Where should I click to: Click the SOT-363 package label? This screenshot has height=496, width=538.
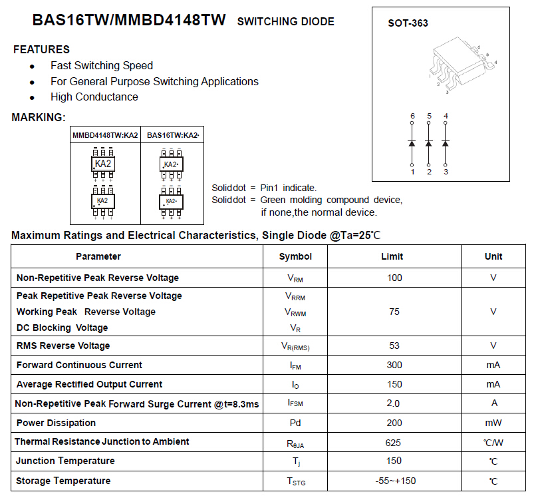coord(408,23)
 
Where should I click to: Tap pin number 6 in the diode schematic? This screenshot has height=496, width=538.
coord(412,116)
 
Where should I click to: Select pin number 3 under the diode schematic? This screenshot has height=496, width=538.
coord(446,172)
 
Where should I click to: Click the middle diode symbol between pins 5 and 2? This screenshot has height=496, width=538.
coord(429,143)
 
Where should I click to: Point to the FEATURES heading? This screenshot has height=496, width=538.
coord(41,49)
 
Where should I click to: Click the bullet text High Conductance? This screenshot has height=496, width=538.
coord(94,97)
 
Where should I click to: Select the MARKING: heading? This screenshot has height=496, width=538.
coord(39,118)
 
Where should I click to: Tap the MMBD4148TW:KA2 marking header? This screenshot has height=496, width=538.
coord(105,135)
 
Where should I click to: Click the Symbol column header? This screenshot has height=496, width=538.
coord(295,256)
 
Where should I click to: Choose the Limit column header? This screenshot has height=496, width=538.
coord(392,256)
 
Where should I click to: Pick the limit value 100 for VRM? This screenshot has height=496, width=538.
coord(394,278)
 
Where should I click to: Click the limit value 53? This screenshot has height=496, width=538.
coord(394,346)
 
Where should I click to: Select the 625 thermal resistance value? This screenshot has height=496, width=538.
coord(394,442)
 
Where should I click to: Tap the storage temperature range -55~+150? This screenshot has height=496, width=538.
coord(394,481)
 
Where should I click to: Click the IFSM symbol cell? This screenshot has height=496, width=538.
coord(295,403)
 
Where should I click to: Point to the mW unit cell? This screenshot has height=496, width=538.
coord(493,423)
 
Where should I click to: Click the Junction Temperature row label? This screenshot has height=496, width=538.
coord(65,461)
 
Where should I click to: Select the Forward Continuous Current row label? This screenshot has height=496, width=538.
coord(79,365)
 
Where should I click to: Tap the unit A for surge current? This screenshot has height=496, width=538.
coord(493,403)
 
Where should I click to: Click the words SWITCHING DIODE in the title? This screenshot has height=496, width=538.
coord(285,22)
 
